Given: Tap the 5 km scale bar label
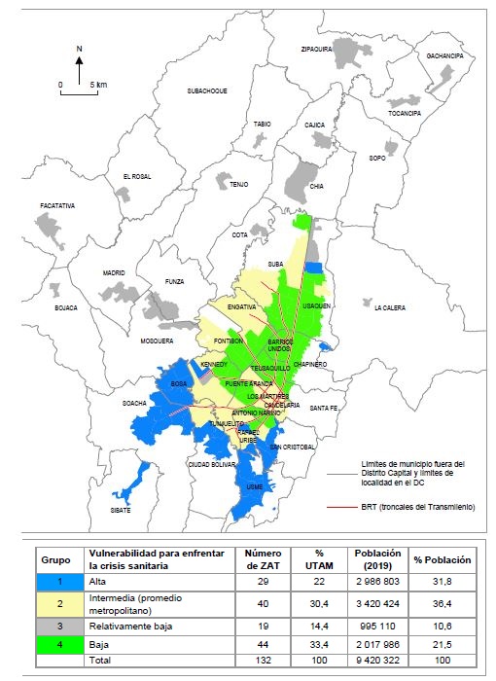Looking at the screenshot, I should [98, 86].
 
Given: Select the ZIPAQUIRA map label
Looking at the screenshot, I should [317, 48].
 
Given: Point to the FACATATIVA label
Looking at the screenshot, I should [58, 207].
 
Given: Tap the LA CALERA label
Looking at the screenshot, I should [392, 307].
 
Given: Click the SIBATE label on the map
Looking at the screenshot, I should [120, 509].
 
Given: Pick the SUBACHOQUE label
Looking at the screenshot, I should [207, 90].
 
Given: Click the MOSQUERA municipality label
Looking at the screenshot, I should [156, 341].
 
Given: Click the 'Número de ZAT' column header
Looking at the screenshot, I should [257, 560].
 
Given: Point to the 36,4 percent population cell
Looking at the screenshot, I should [442, 604].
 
